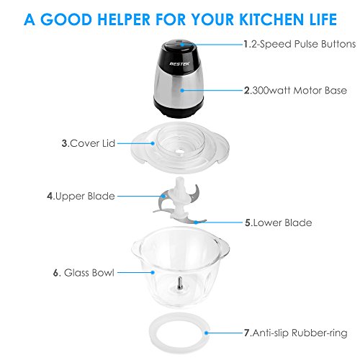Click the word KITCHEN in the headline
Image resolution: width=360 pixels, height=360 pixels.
pos(272,19)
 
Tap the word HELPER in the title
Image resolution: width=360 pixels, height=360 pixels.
pos(123,19)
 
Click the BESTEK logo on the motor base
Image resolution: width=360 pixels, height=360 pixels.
pos(179,63)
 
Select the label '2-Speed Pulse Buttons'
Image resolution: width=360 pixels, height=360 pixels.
pos(302,44)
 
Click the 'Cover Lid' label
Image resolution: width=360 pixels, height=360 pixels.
pos(93,143)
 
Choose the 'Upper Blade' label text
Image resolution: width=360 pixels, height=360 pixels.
pos(85,197)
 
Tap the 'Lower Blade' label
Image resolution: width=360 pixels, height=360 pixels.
pos(282,222)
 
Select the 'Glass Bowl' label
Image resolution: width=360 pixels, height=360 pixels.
pos(89,273)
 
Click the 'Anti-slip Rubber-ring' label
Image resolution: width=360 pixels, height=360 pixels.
pos(300,333)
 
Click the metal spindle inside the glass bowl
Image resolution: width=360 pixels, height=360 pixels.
pos(180,284)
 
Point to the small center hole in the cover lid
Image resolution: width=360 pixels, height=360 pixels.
pos(179,152)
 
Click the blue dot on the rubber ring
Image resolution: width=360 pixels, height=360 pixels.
pos(206,333)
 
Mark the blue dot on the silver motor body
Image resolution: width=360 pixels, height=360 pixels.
pos(182,91)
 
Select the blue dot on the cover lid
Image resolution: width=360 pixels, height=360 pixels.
pos(153,143)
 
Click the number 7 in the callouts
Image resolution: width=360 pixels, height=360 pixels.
pos(247,333)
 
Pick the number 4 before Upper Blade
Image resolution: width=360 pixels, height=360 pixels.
pos(50,197)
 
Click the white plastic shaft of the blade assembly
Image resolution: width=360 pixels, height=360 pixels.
pos(180,197)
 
